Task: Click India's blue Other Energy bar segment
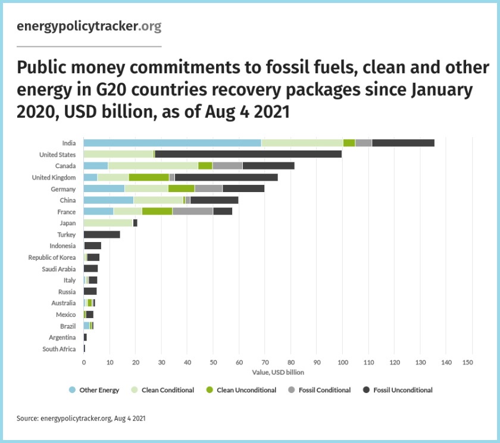[172, 143]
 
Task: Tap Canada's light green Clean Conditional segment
[153, 166]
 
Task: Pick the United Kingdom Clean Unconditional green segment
[149, 177]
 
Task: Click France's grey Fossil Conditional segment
[192, 211]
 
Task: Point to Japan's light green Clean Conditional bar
[108, 223]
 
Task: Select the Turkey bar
[102, 234]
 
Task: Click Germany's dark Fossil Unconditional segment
[243, 188]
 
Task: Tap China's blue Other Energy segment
[108, 200]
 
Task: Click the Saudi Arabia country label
[58, 269]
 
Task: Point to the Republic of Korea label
[52, 257]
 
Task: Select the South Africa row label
[59, 349]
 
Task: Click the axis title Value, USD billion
[278, 372]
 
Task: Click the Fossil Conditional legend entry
[320, 390]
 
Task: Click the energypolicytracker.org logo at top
[89, 27]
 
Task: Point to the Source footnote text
[81, 419]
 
